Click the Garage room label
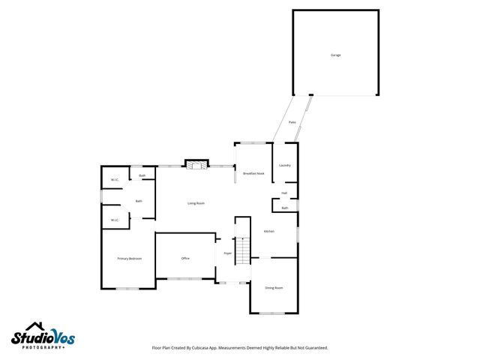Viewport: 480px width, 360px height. [x=335, y=55]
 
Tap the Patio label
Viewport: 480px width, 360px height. [x=292, y=121]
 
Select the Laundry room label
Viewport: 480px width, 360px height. [x=284, y=165]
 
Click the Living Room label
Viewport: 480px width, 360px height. [x=196, y=203]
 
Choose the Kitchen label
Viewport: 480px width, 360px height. [x=268, y=231]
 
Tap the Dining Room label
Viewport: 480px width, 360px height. [x=274, y=287]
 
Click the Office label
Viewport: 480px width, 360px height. [x=185, y=258]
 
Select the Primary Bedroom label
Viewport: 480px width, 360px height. [x=129, y=258]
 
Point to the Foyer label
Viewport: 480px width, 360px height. [x=227, y=253]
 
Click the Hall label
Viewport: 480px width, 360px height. [x=285, y=193]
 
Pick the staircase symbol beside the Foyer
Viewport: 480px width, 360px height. [x=242, y=250]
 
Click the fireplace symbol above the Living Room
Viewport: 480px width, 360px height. [x=196, y=165]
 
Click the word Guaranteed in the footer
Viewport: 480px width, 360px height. [x=313, y=348]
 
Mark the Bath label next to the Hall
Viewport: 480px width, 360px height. [x=285, y=208]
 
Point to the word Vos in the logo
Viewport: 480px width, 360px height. [x=64, y=337]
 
